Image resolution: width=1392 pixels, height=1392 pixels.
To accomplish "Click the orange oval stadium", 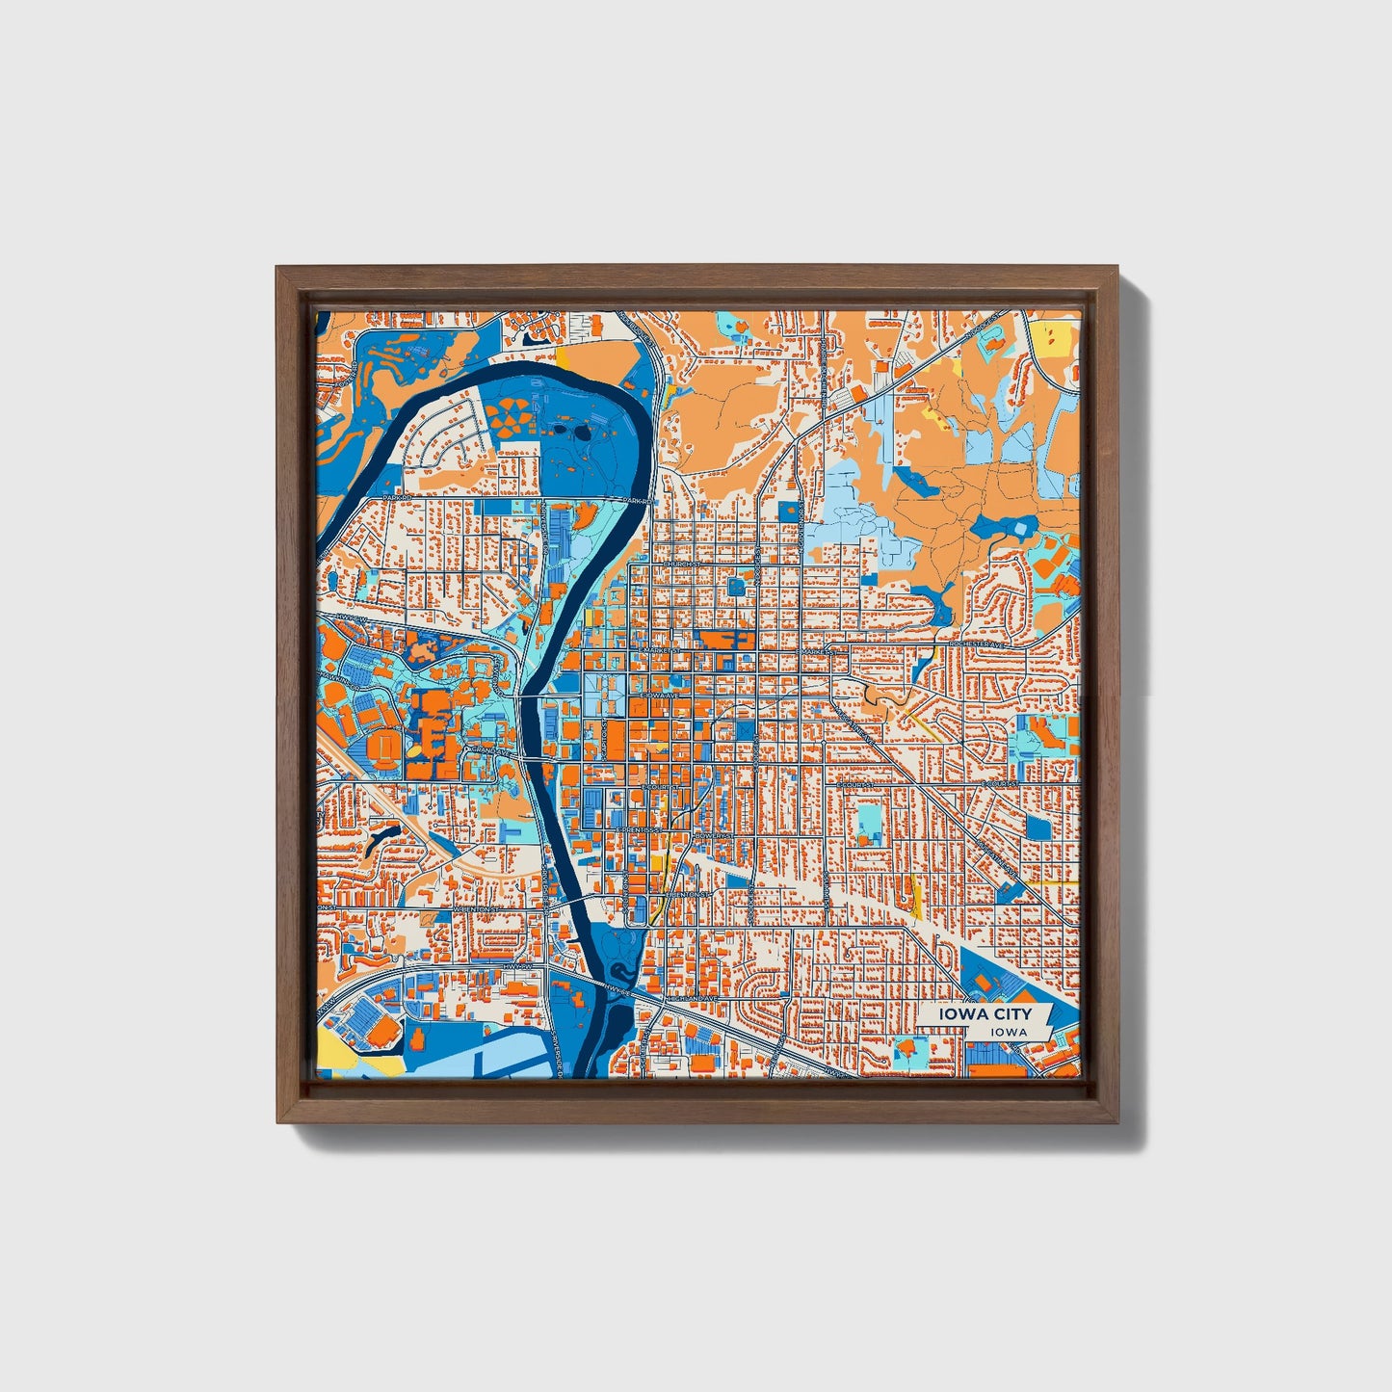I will click(384, 745).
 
